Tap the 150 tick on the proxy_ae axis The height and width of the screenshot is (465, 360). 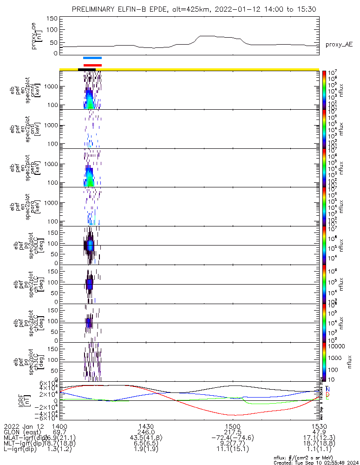[52, 19]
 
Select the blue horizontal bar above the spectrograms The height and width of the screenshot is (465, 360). [92, 58]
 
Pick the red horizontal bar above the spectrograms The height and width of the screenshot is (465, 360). [92, 65]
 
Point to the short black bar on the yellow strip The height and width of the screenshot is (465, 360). [87, 69]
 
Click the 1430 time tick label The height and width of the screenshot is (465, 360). [146, 426]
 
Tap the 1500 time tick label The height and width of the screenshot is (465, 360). [233, 426]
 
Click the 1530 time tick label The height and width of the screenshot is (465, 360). [320, 426]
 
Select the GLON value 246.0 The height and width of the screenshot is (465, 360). [146, 432]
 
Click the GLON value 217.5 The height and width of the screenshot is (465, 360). [233, 432]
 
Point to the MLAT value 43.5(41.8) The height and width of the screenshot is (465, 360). [146, 438]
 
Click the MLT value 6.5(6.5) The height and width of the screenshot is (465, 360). [146, 444]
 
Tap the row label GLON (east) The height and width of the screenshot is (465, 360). [22, 432]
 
